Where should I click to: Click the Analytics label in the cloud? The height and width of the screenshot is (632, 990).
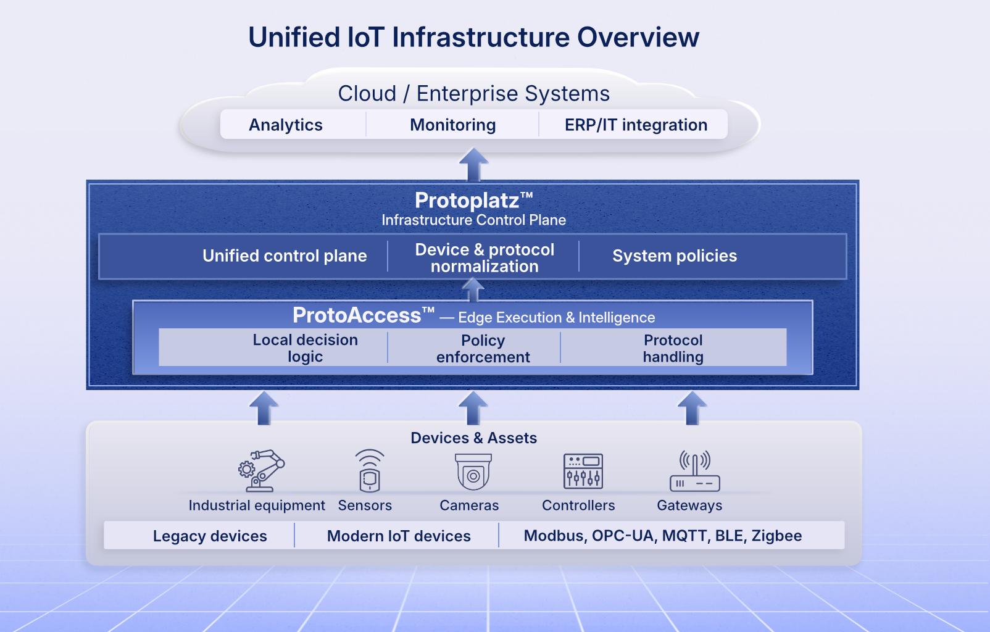pyautogui.click(x=286, y=125)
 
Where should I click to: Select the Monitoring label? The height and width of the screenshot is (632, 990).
pyautogui.click(x=452, y=125)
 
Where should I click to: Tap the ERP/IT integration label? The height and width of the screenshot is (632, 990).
pyautogui.click(x=636, y=125)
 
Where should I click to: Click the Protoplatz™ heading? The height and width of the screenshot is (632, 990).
pyautogui.click(x=473, y=201)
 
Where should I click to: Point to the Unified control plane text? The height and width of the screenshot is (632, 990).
pyautogui.click(x=285, y=256)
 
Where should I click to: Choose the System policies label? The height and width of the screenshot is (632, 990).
pyautogui.click(x=675, y=256)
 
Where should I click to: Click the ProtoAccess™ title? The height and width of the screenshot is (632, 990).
pyautogui.click(x=363, y=316)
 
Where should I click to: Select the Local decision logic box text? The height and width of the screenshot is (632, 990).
pyautogui.click(x=305, y=348)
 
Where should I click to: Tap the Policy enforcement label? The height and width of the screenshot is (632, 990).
pyautogui.click(x=483, y=349)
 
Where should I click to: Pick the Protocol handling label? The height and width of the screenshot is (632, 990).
pyautogui.click(x=673, y=349)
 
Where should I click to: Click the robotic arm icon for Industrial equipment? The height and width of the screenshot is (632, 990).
pyautogui.click(x=261, y=470)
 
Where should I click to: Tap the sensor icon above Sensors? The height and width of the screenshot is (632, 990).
pyautogui.click(x=369, y=470)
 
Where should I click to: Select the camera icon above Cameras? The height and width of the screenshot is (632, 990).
pyautogui.click(x=473, y=472)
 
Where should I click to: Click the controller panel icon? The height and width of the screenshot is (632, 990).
pyautogui.click(x=583, y=471)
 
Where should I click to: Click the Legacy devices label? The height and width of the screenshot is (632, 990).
pyautogui.click(x=210, y=536)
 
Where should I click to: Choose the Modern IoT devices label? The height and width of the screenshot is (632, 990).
pyautogui.click(x=399, y=536)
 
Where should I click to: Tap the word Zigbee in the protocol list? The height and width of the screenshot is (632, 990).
pyautogui.click(x=776, y=536)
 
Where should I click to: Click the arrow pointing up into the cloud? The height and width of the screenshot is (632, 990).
pyautogui.click(x=473, y=164)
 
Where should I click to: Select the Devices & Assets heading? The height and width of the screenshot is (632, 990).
pyautogui.click(x=473, y=438)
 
